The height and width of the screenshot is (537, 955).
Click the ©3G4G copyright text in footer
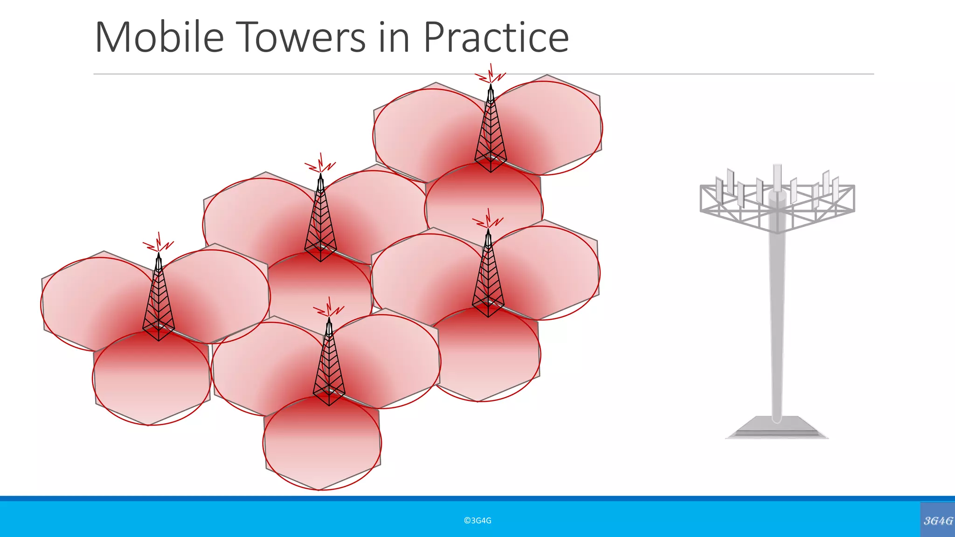click(477, 521)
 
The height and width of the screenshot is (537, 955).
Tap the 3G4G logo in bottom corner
click(938, 520)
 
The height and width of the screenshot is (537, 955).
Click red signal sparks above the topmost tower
click(491, 75)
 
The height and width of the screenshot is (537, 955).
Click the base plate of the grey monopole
click(776, 428)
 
